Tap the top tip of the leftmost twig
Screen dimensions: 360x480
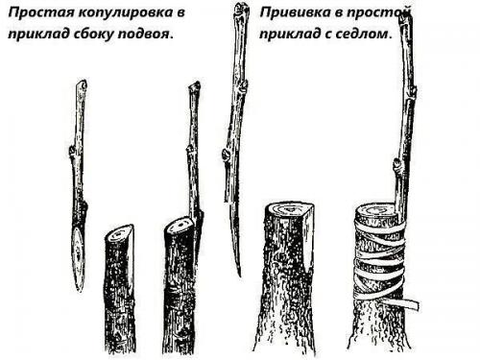click(82, 84)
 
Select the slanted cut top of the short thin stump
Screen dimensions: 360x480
click(119, 232)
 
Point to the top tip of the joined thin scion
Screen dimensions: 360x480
click(193, 85)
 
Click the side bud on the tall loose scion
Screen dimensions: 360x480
click(226, 154)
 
